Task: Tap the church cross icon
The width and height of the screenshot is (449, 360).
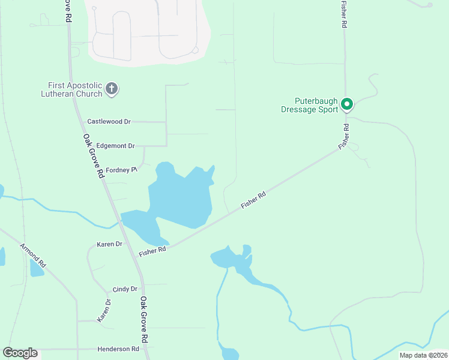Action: coord(111,89)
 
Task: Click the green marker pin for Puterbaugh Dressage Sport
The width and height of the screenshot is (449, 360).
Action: coord(346,104)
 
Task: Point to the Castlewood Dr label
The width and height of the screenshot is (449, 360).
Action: coord(109,121)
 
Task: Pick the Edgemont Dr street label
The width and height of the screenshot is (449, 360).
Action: coord(115,146)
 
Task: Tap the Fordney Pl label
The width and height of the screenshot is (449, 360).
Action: coord(122,170)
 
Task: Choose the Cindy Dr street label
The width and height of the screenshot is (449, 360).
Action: coord(125,289)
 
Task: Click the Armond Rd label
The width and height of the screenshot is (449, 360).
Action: coord(33,256)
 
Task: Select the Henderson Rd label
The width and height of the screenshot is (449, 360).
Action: coord(118,349)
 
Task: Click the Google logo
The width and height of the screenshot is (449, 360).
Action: coord(20,353)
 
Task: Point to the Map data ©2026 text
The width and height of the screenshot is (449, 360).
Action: coord(423,355)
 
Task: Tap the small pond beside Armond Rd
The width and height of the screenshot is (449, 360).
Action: coord(37,269)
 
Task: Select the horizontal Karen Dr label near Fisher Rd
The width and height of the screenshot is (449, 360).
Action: coord(109,244)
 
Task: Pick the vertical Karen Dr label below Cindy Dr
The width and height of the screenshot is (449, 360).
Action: coord(105,310)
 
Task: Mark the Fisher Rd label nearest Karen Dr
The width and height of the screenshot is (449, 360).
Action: coord(152,251)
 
